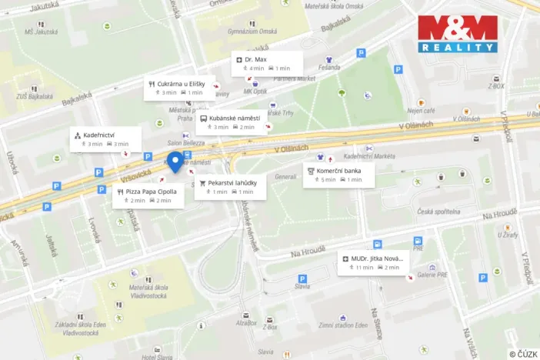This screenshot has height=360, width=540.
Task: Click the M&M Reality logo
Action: pos(457,34)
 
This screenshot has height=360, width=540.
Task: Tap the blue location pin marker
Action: pos(175,162)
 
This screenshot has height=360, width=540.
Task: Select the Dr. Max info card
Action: pos(267,63)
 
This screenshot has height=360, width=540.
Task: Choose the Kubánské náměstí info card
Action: pos(232,122)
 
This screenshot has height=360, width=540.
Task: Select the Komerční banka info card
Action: pos(338,175)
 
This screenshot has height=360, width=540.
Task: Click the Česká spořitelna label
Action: pos(438,211)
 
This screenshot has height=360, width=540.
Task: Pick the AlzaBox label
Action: pos(246,323)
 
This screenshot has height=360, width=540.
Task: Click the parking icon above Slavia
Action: pos(302,278)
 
